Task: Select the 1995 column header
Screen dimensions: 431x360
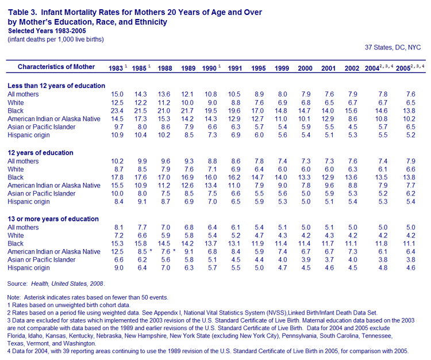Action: (x=259, y=68)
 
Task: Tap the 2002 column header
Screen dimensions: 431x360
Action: (x=352, y=68)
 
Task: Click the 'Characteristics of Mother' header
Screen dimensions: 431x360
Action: (x=56, y=67)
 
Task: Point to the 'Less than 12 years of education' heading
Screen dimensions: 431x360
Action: (x=56, y=86)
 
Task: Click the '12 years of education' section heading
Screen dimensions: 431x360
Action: (x=40, y=152)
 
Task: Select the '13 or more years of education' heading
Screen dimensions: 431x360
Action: (x=53, y=219)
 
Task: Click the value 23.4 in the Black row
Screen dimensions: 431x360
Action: (x=117, y=111)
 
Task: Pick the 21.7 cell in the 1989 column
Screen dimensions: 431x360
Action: (x=187, y=111)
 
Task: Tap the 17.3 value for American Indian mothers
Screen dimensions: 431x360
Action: (x=140, y=119)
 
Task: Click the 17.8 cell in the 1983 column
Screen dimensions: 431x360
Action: (x=117, y=177)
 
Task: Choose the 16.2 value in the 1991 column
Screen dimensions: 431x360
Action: (x=234, y=177)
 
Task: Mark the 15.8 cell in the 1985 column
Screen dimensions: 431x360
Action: (x=140, y=244)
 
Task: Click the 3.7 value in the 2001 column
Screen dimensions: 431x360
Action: (x=329, y=259)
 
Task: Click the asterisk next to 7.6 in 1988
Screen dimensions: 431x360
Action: (x=174, y=251)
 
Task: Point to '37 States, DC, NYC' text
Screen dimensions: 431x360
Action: (x=393, y=48)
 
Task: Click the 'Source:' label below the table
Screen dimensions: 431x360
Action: (x=17, y=284)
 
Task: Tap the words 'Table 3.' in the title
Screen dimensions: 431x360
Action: (x=22, y=13)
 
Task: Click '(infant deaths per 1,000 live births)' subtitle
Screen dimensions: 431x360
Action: (x=56, y=39)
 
